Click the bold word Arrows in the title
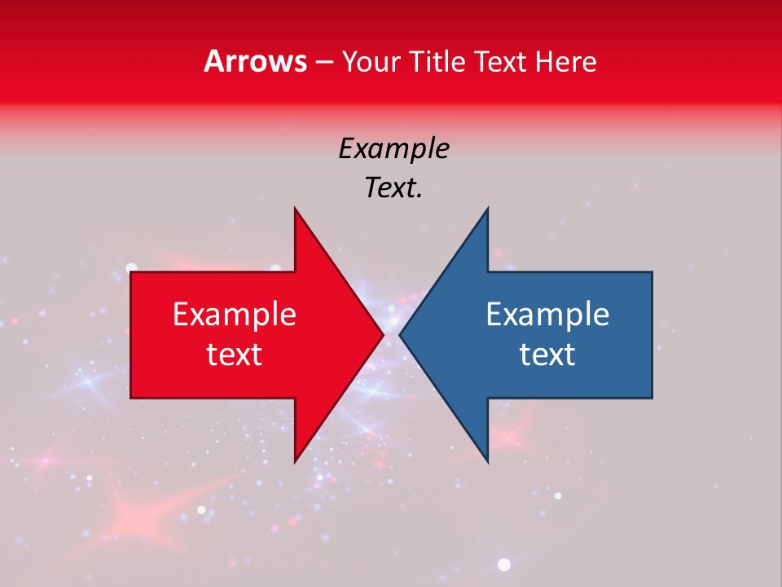(x=256, y=61)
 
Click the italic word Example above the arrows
(x=393, y=148)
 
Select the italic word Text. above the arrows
(x=393, y=188)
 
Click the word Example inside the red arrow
(x=235, y=314)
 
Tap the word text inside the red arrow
(x=235, y=354)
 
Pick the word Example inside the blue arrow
(x=547, y=314)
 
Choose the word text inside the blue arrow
(x=547, y=354)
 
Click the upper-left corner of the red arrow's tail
(x=132, y=273)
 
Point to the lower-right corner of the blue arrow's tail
(x=651, y=397)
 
